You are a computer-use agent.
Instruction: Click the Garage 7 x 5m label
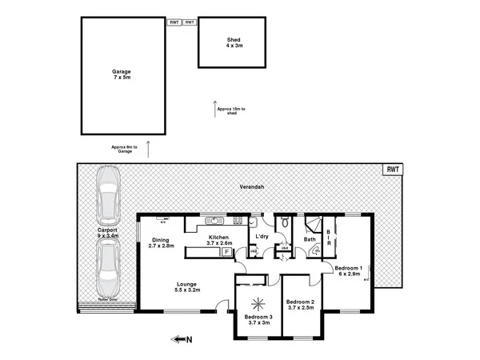click(x=121, y=74)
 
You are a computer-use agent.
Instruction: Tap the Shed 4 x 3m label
click(x=234, y=42)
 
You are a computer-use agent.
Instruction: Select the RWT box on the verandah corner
click(x=392, y=170)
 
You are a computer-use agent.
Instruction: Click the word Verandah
click(x=252, y=186)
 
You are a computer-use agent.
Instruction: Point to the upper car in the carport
click(x=106, y=197)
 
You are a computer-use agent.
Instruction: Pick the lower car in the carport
click(x=106, y=268)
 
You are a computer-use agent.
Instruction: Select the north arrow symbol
click(x=180, y=339)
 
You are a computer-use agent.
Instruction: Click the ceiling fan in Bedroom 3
click(x=258, y=304)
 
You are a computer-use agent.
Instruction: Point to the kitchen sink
click(x=214, y=220)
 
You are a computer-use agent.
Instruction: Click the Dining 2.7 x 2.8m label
click(x=162, y=242)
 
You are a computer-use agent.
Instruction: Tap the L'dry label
click(x=261, y=237)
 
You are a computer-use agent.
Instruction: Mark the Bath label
click(x=309, y=238)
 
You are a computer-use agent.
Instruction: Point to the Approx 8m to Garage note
click(x=124, y=149)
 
